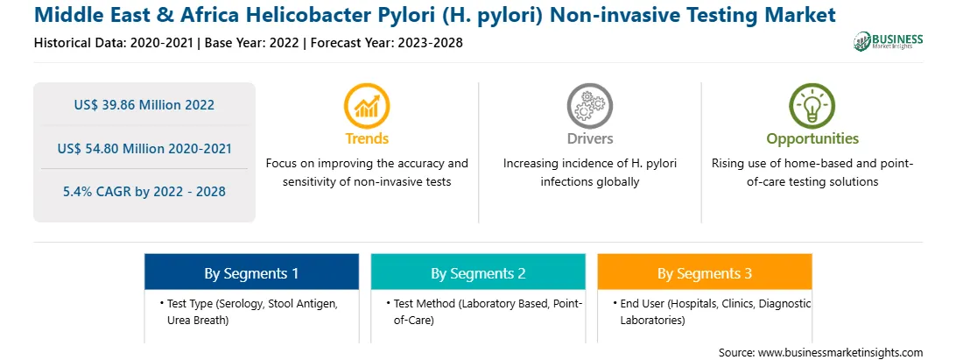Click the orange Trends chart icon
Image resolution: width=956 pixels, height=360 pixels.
(367, 106)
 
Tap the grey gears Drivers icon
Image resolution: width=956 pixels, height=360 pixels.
(589, 106)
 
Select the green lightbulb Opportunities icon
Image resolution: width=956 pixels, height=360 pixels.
(812, 106)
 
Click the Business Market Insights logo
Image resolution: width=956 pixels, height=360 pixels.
(889, 41)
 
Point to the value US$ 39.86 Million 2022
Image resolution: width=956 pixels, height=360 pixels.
(144, 105)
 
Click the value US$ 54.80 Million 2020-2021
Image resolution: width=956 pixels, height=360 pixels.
(144, 148)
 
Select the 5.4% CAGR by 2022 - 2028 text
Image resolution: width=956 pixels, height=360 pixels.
(144, 192)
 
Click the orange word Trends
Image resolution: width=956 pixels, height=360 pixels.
(367, 138)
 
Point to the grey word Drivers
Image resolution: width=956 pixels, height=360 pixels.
(589, 138)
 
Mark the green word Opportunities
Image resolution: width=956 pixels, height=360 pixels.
(812, 139)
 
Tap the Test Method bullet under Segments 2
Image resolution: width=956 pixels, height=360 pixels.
(485, 312)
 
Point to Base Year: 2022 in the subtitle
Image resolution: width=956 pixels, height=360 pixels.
(252, 43)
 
